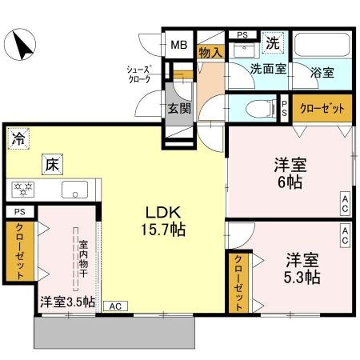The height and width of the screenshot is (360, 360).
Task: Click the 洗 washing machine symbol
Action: [x=273, y=42]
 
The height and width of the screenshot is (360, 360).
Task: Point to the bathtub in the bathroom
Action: [x=321, y=46]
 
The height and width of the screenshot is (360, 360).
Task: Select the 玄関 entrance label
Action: [x=179, y=108]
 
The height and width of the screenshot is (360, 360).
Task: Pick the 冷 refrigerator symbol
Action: [x=18, y=138]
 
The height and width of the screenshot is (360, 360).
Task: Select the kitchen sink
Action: [x=75, y=189]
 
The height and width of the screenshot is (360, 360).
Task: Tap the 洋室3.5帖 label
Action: [x=67, y=302]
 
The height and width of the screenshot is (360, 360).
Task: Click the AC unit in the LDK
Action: [x=115, y=306]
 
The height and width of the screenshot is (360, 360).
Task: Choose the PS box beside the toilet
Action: [x=284, y=108]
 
